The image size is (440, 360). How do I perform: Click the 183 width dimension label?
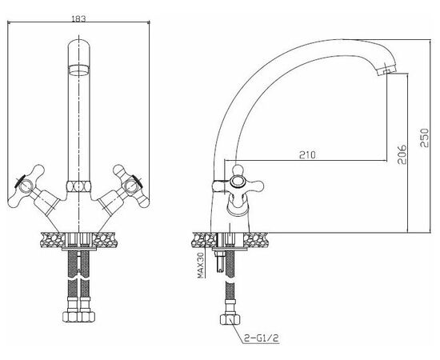pos(78,18)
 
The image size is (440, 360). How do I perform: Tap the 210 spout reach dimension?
pos(307,154)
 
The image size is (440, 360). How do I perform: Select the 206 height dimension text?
pos(402,154)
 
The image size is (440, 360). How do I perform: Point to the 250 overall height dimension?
pos(425,138)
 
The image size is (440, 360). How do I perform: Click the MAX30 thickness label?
pos(200,265)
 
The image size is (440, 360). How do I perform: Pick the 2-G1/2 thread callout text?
pos(262,338)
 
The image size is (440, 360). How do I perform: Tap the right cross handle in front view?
pos(131,186)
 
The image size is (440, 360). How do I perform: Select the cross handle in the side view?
pos(239,182)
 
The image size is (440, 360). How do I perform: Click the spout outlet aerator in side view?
pos(386,70)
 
